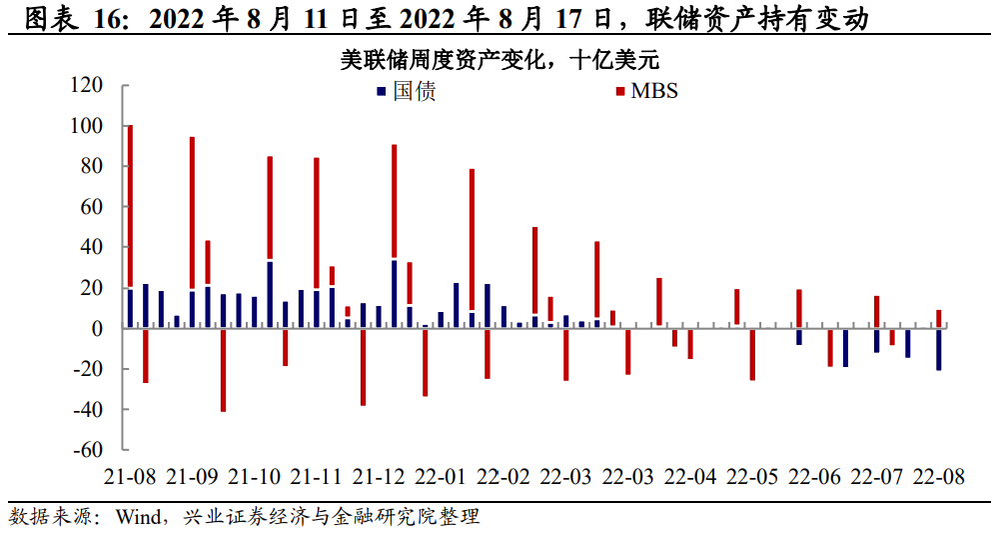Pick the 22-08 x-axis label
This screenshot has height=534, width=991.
pyautogui.click(x=939, y=476)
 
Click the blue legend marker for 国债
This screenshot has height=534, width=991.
pyautogui.click(x=380, y=92)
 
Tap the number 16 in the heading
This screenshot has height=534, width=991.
pyautogui.click(x=103, y=18)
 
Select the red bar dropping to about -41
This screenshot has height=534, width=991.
pyautogui.click(x=224, y=369)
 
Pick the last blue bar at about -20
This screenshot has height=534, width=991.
pyautogui.click(x=939, y=349)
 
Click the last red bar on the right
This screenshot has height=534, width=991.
pyautogui.click(x=939, y=317)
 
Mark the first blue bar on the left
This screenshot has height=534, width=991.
pyautogui.click(x=130, y=307)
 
